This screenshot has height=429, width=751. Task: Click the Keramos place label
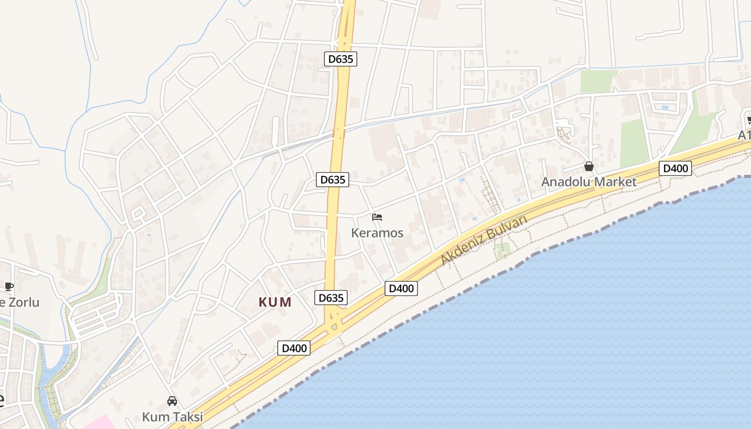coord(377,233)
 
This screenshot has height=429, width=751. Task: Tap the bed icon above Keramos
coord(377,217)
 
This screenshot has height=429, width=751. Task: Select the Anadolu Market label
coord(588,182)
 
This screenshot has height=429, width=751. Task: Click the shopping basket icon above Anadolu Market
coord(589,167)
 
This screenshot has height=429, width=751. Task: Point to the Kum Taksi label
coord(172,417)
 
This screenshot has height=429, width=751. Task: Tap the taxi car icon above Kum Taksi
coord(172,401)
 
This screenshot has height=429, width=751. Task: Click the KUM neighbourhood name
coord(275,302)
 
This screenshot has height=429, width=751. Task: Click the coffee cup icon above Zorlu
coord(9,286)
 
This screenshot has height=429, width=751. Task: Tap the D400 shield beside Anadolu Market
coord(675,168)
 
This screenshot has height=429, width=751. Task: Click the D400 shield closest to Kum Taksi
coord(294,348)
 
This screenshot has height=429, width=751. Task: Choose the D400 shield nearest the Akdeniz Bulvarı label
coord(401,289)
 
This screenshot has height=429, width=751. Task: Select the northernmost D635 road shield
coord(341,59)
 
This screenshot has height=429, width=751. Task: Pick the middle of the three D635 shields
coord(333,180)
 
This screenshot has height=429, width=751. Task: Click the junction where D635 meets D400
coord(334,325)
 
